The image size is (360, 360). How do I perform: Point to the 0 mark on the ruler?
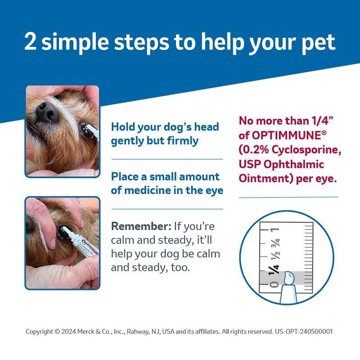271,284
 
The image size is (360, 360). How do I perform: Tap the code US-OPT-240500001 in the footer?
304,331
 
